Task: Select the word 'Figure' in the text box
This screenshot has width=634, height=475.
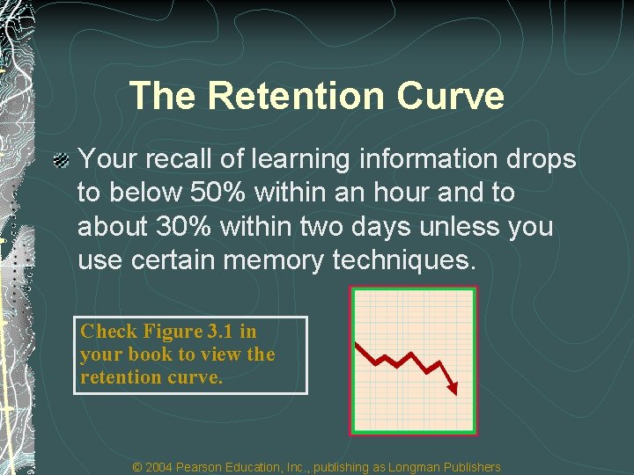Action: [x=173, y=332]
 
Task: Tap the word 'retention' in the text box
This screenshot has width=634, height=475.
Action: [x=118, y=377]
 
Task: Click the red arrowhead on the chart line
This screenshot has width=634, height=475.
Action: [x=453, y=388]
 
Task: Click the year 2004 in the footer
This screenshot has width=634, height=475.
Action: [x=159, y=467]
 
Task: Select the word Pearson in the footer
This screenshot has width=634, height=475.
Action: [x=207, y=467]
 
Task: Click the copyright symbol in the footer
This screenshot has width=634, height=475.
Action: [x=136, y=467]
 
